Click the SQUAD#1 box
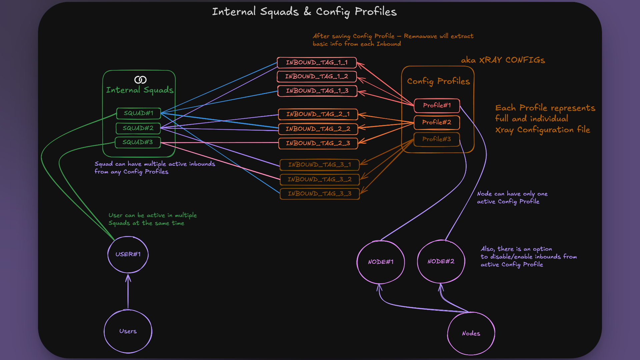[139, 113]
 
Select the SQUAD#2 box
[138, 128]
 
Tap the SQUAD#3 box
[138, 142]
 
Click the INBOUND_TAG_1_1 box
[317, 63]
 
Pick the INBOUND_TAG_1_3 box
[317, 91]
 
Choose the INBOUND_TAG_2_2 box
[318, 129]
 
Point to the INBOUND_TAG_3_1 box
[319, 165]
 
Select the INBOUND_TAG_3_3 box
[319, 194]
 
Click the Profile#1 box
[437, 105]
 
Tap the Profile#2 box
[437, 122]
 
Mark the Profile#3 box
[436, 139]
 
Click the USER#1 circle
[128, 254]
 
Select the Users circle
[128, 331]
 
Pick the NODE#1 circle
[381, 262]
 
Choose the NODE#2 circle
[441, 261]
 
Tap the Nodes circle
[471, 333]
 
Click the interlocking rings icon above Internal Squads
[140, 80]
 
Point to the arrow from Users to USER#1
[128, 292]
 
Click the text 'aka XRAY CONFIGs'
[503, 60]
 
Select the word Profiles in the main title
[376, 12]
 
